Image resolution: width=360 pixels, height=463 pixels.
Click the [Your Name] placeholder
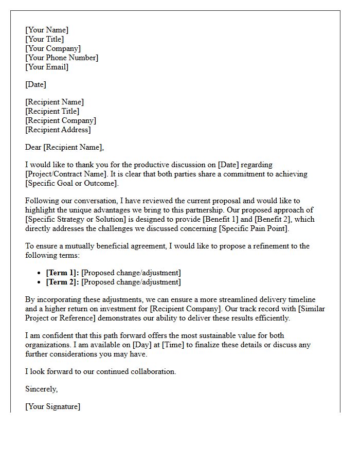(47, 30)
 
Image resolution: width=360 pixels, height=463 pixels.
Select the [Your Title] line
(45, 39)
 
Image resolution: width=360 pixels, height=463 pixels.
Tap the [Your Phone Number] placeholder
(62, 58)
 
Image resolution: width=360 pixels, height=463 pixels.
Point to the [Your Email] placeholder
(47, 67)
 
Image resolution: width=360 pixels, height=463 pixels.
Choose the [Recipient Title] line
(52, 111)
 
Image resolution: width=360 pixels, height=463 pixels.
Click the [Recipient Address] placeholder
(58, 130)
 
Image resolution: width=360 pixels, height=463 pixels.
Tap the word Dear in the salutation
(33, 147)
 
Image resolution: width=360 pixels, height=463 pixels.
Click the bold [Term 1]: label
(62, 273)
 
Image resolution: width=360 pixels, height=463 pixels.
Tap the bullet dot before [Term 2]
(40, 282)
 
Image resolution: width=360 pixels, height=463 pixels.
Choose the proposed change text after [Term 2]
(131, 282)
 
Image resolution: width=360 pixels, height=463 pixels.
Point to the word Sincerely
(41, 389)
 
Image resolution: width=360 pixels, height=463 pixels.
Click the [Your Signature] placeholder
(52, 406)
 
